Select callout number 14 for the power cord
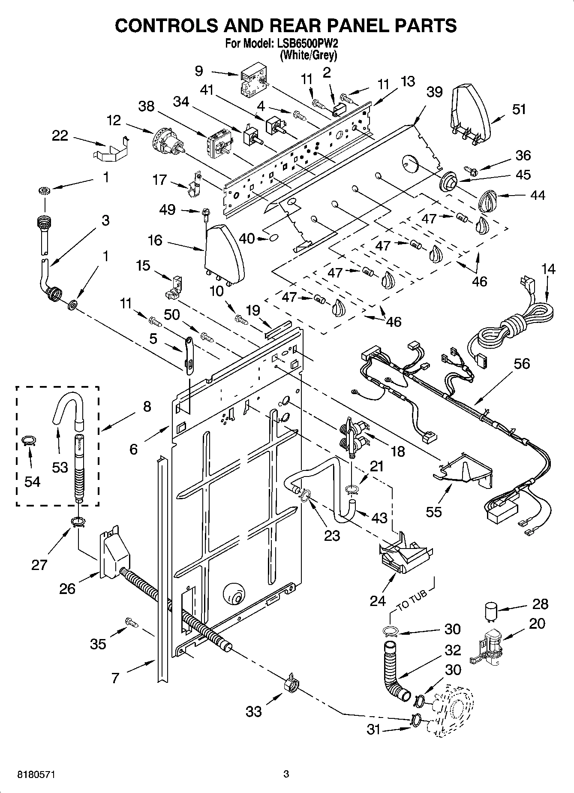click(x=548, y=269)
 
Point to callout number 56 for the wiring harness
click(x=521, y=364)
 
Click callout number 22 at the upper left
click(x=60, y=136)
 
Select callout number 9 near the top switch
click(x=198, y=70)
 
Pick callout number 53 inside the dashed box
click(x=60, y=467)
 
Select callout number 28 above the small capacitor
click(x=540, y=604)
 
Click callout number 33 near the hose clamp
click(x=254, y=712)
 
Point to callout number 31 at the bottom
click(x=373, y=729)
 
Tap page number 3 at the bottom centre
click(x=286, y=774)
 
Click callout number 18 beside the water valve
click(x=397, y=451)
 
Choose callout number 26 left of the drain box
click(x=67, y=588)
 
